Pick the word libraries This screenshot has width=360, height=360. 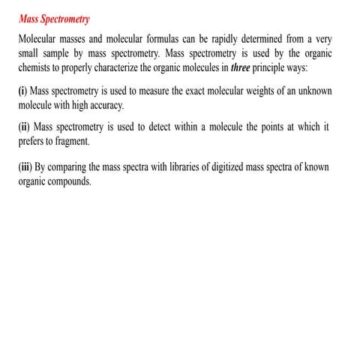pos(205,166)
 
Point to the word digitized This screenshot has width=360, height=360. pos(250,166)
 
